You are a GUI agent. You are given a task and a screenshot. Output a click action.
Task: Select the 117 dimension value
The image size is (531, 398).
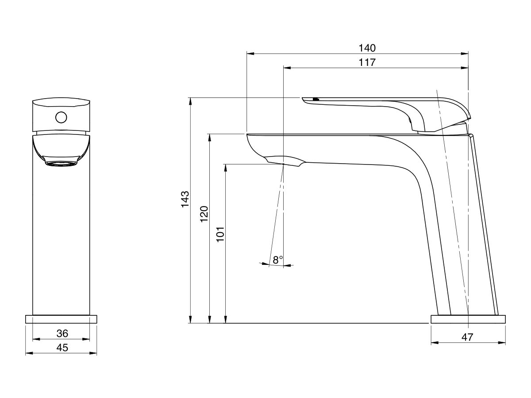point(367,62)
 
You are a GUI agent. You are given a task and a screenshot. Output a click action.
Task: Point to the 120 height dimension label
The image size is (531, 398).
point(204,214)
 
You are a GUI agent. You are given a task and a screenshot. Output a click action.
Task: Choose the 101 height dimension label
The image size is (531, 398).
point(221,233)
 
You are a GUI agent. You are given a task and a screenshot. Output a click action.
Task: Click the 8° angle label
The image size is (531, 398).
point(277,260)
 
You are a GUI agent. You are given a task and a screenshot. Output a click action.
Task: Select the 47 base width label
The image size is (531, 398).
point(467,337)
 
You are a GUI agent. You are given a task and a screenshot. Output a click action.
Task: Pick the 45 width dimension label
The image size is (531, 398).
point(62,348)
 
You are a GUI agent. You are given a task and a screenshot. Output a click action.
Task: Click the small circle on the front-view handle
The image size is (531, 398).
point(61,118)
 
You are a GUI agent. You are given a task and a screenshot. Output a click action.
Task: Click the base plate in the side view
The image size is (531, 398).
point(468,319)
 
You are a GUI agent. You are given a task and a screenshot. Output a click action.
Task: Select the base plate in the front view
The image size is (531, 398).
point(62,319)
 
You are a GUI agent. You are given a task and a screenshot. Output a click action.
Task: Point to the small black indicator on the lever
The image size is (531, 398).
point(316,99)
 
